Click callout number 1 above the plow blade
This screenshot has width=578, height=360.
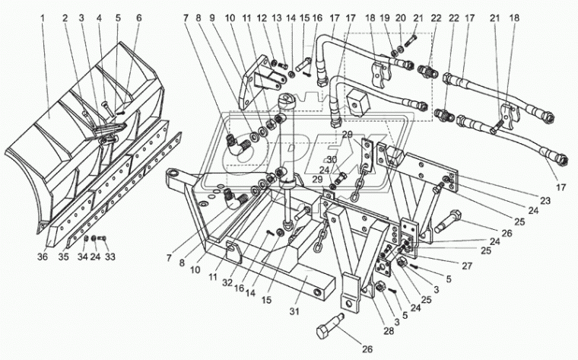[43, 18]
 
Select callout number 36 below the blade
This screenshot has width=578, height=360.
[43, 256]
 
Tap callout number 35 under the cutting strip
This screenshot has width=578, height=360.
[63, 256]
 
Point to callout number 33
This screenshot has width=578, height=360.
[110, 256]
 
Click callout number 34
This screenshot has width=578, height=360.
[83, 256]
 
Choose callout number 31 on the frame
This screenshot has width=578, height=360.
[294, 312]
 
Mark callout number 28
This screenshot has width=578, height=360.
[389, 331]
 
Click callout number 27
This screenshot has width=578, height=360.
[467, 266]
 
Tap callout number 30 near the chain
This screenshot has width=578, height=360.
[332, 159]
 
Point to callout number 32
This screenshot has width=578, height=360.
[227, 282]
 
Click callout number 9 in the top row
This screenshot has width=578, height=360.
[211, 18]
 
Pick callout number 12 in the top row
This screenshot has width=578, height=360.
[262, 18]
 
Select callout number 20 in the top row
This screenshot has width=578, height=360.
[401, 18]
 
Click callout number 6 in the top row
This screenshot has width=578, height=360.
[138, 18]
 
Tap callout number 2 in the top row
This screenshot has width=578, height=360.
[65, 18]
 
